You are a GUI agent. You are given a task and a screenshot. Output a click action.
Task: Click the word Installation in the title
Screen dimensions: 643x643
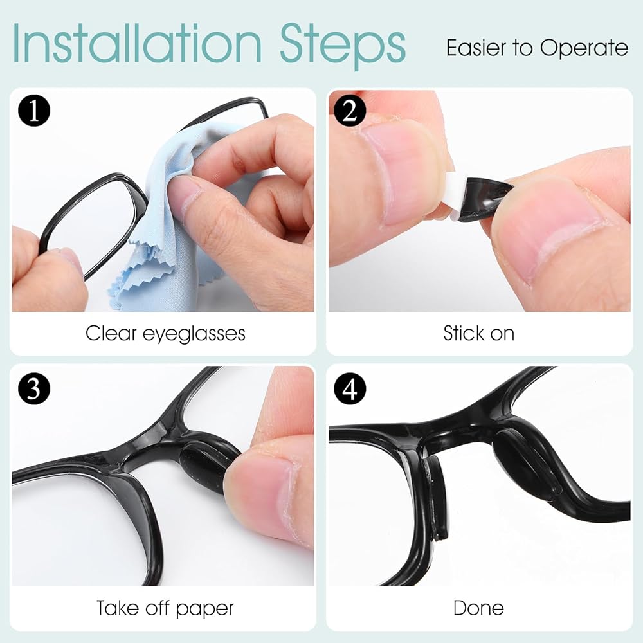pyautogui.click(x=138, y=43)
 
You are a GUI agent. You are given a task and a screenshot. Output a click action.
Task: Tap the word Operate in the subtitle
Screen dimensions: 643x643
pyautogui.click(x=584, y=49)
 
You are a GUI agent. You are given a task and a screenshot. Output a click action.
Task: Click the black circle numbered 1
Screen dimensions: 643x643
pyautogui.click(x=34, y=111)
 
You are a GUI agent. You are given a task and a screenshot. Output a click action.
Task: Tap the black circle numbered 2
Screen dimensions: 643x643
pyautogui.click(x=350, y=111)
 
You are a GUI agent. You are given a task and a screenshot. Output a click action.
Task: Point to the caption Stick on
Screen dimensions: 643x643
pyautogui.click(x=478, y=333)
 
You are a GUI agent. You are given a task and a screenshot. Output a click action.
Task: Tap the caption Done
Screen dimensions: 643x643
pyautogui.click(x=478, y=608)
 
